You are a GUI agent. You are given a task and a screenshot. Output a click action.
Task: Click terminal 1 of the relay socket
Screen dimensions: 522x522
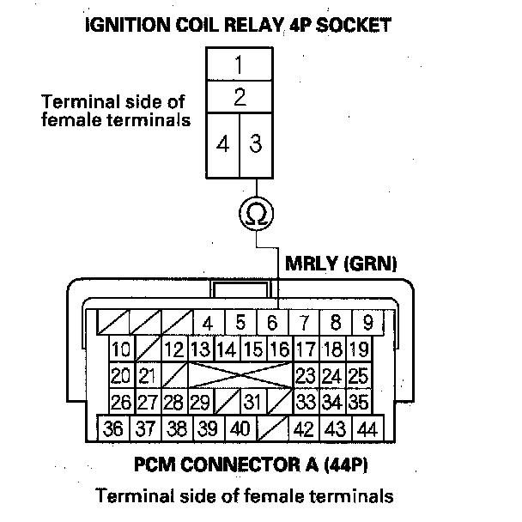(239, 64)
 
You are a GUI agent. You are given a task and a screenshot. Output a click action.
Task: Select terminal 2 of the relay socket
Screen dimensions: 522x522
(239, 96)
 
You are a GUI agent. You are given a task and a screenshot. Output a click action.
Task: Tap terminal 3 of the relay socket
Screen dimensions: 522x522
(255, 143)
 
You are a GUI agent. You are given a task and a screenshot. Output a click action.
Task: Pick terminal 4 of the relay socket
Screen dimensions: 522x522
(222, 143)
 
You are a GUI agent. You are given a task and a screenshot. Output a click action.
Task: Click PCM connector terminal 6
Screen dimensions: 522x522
(272, 324)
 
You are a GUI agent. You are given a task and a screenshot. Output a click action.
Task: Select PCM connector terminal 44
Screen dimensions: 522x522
(367, 428)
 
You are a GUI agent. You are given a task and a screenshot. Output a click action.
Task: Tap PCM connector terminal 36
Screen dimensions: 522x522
(113, 428)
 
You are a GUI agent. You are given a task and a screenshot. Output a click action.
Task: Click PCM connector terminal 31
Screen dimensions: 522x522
(252, 401)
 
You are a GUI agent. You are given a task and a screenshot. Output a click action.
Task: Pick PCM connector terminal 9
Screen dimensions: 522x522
(367, 324)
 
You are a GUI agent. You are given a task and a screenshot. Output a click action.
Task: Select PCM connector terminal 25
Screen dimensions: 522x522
(358, 376)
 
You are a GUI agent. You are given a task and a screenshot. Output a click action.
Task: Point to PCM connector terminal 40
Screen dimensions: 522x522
(240, 428)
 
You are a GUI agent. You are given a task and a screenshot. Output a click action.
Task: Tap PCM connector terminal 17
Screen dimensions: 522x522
(305, 349)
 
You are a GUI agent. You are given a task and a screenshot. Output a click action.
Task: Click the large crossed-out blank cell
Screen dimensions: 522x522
(240, 376)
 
